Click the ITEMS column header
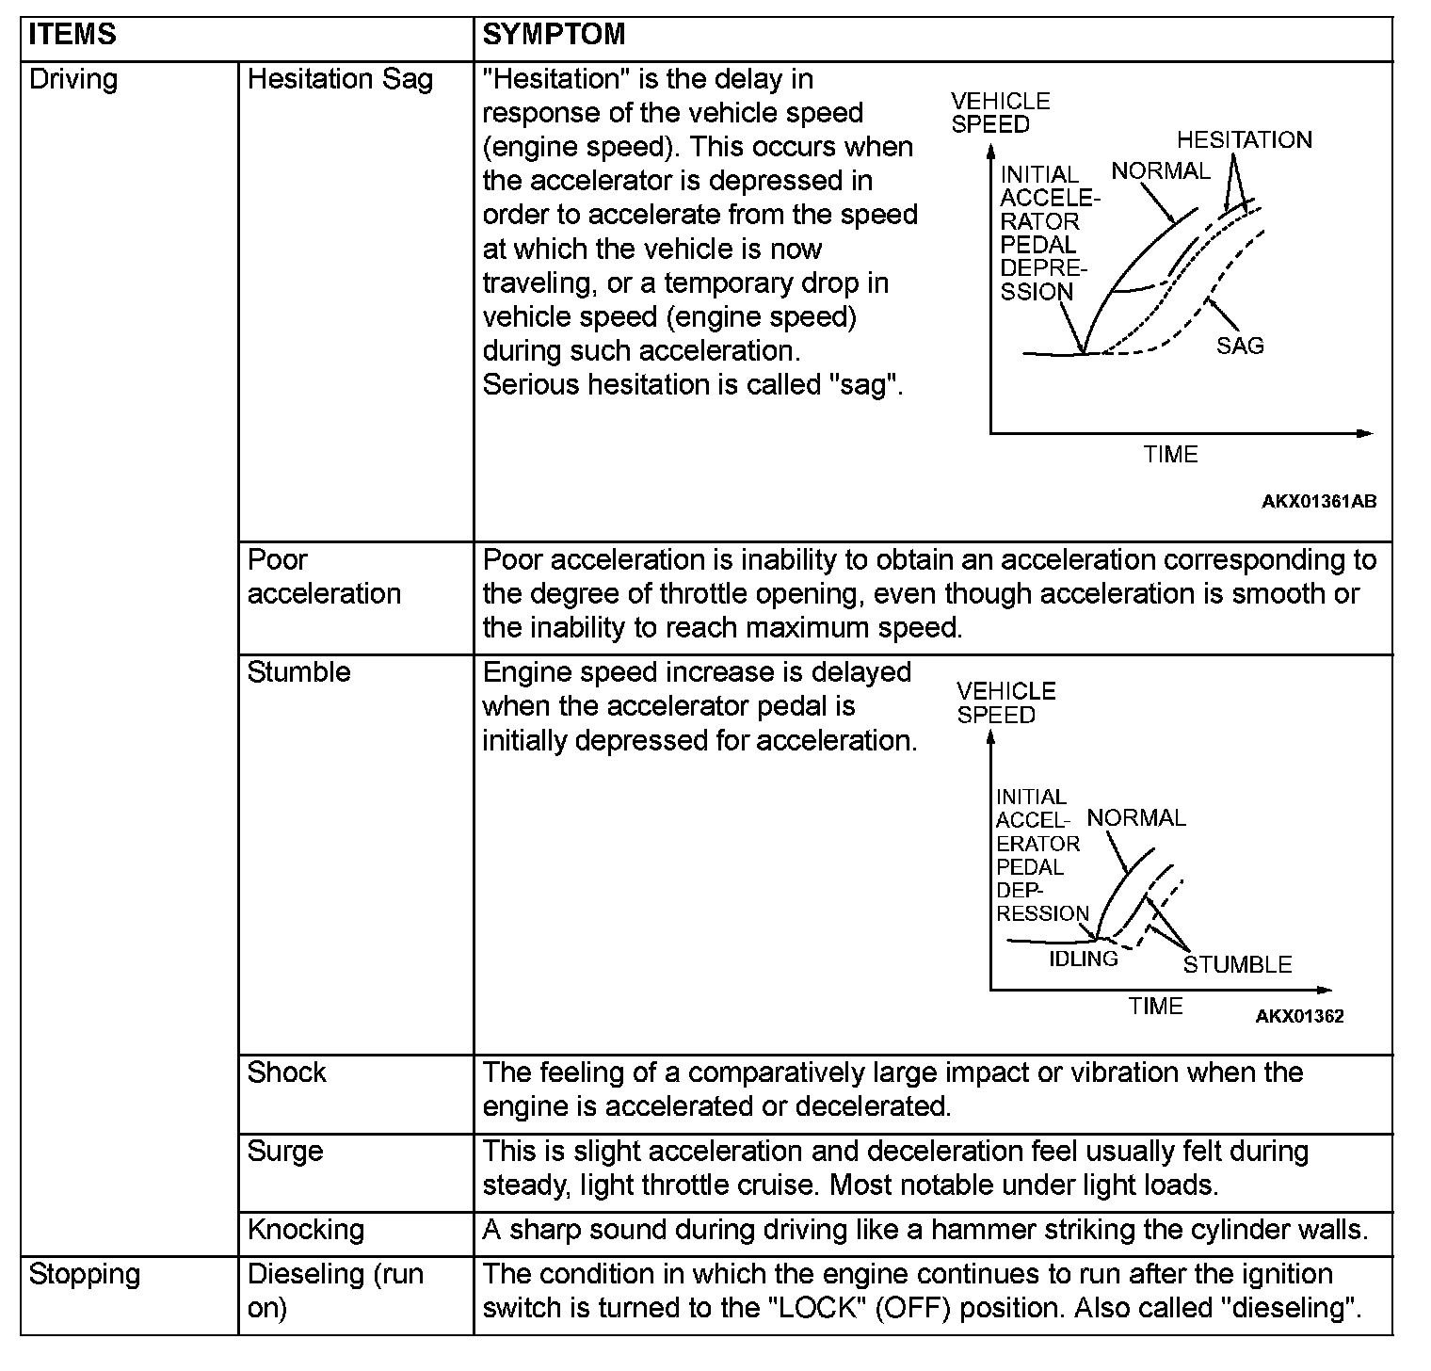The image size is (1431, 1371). pyautogui.click(x=72, y=35)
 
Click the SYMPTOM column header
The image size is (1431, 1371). pyautogui.click(x=554, y=35)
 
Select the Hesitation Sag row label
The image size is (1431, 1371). pyautogui.click(x=340, y=79)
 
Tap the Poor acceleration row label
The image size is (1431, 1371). pyautogui.click(x=324, y=576)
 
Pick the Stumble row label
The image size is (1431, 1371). pyautogui.click(x=298, y=672)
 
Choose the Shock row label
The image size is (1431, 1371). pyautogui.click(x=286, y=1073)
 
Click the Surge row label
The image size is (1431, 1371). pyautogui.click(x=284, y=1152)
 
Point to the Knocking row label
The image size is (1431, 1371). pyautogui.click(x=305, y=1230)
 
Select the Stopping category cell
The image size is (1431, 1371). pyautogui.click(x=85, y=1274)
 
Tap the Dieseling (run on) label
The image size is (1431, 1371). pyautogui.click(x=334, y=1290)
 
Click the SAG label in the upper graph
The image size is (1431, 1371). pyautogui.click(x=1239, y=346)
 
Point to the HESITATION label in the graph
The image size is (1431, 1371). pyautogui.click(x=1244, y=140)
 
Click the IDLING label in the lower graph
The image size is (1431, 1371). pyautogui.click(x=1084, y=959)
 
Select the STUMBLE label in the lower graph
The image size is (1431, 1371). pyautogui.click(x=1237, y=964)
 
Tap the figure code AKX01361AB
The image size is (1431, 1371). pyautogui.click(x=1318, y=502)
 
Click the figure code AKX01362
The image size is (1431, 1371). pyautogui.click(x=1299, y=1016)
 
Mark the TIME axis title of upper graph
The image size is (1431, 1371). pyautogui.click(x=1170, y=455)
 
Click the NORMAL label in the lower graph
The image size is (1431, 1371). pyautogui.click(x=1136, y=817)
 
